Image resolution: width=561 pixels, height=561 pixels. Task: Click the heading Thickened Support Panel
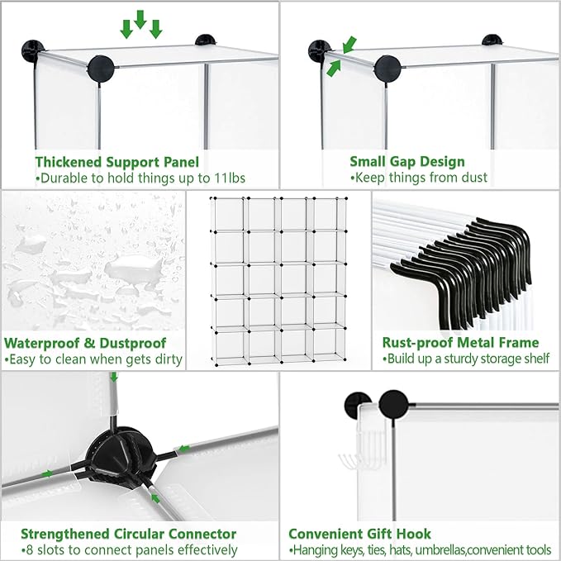[117, 162]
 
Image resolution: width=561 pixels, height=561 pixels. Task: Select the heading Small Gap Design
[407, 162]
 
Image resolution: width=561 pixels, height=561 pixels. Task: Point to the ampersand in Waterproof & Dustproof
[88, 343]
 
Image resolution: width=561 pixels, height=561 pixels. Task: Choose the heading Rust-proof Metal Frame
[460, 342]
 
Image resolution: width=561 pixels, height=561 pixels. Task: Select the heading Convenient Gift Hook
[359, 534]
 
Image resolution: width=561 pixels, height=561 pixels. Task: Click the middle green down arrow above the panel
[140, 20]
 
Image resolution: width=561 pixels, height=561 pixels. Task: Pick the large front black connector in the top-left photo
[102, 69]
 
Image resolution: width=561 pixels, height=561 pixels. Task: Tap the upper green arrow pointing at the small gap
[349, 45]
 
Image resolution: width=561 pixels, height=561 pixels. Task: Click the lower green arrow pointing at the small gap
[334, 69]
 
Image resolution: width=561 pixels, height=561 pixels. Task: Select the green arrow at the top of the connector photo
[114, 377]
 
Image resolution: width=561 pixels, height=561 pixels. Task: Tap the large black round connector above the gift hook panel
[393, 403]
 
